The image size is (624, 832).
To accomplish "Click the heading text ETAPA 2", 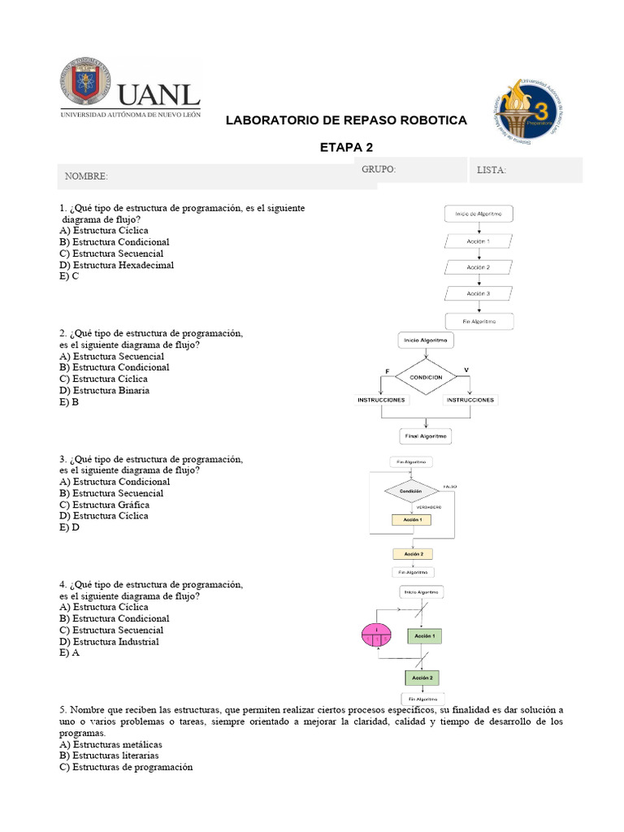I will click(346, 147).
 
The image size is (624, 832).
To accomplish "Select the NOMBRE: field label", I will click(86, 176).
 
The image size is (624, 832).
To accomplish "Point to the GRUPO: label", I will click(379, 169).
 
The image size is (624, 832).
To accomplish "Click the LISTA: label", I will click(492, 170).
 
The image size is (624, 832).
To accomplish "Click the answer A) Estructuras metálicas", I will click(110, 744).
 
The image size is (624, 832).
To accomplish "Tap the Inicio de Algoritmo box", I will click(479, 214).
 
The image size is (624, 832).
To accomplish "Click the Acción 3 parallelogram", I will click(479, 293).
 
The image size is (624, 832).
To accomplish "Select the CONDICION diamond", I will click(426, 377).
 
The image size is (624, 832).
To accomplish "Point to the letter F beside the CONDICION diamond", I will click(387, 371).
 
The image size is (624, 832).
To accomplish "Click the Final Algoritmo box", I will click(426, 436).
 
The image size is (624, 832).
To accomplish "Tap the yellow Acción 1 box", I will click(412, 519).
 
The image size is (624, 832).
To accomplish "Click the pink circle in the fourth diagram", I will click(376, 635).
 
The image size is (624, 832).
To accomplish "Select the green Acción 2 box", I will click(422, 677).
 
